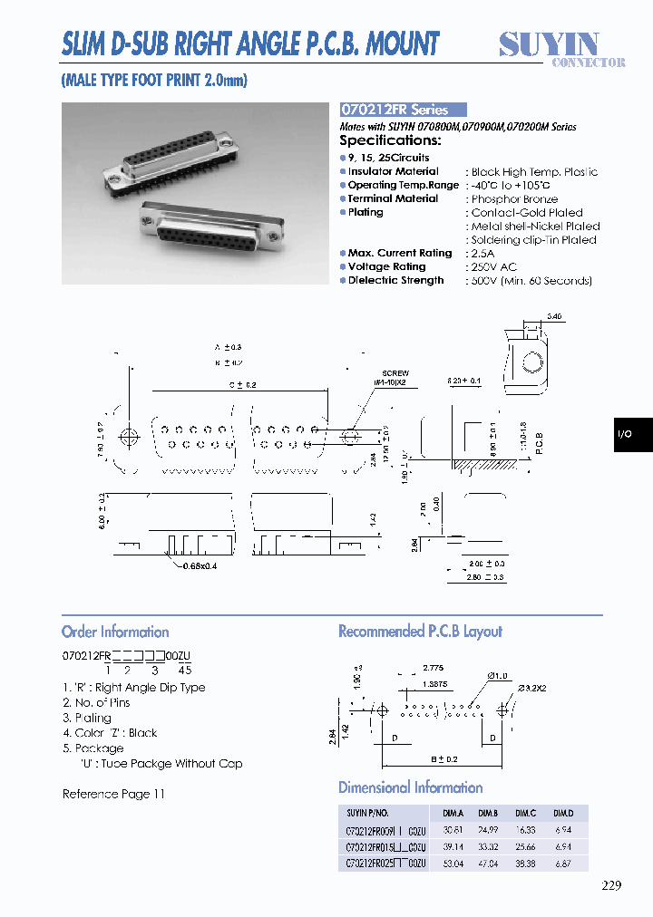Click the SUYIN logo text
pos(550,43)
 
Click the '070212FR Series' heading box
pos(403,109)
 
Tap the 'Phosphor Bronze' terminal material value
pos(514,199)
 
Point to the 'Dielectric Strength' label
pos(395,281)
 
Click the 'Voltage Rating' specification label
pos(386,267)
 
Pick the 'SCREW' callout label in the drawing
pos(395,373)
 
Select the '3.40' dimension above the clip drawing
pos(554,316)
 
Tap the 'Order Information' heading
pos(115,632)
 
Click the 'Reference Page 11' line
pos(113,794)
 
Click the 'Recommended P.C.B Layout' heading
pos(420,632)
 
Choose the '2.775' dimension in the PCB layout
pos(434,667)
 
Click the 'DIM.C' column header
pos(526,813)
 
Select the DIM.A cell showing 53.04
pos(451,864)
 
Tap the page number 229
pos(611,886)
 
